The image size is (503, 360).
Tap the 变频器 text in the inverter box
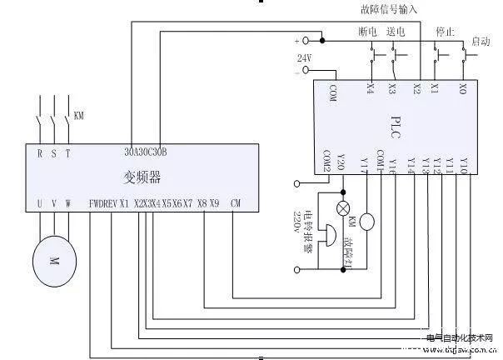tap(147, 177)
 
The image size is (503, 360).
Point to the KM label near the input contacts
tap(79, 114)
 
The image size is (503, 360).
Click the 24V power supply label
tap(304, 57)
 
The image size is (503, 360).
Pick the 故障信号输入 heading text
tap(389, 9)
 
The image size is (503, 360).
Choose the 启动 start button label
tap(481, 41)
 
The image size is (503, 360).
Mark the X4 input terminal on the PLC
tap(369, 88)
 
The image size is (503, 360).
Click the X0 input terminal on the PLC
tap(463, 88)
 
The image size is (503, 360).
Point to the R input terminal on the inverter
tap(39, 152)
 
